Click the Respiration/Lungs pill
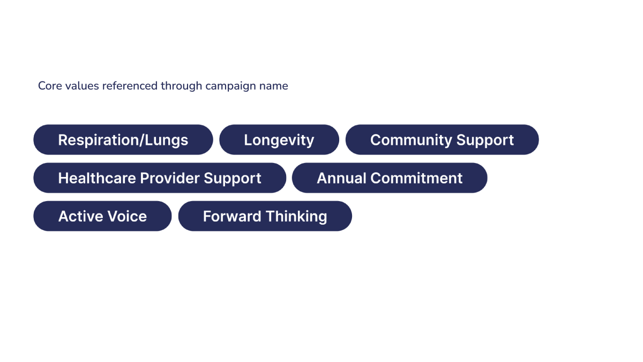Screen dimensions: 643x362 tap(123, 139)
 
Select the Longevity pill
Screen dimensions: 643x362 tap(279, 139)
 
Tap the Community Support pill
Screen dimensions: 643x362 tap(442, 139)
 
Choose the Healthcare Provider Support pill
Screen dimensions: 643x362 tap(160, 178)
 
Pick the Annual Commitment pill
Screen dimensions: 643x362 tap(390, 178)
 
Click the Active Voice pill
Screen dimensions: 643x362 tap(102, 216)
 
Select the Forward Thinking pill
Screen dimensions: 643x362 tap(265, 216)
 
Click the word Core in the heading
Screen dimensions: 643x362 tap(50, 86)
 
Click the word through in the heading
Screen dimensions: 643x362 tap(182, 86)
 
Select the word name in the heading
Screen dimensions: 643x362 tap(274, 86)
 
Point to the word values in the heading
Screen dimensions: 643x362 tap(82, 86)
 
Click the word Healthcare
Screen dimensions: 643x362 tap(97, 178)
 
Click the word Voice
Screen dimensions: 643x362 tap(127, 216)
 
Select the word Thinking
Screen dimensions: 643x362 tap(296, 217)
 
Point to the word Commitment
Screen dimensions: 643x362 tap(416, 178)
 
